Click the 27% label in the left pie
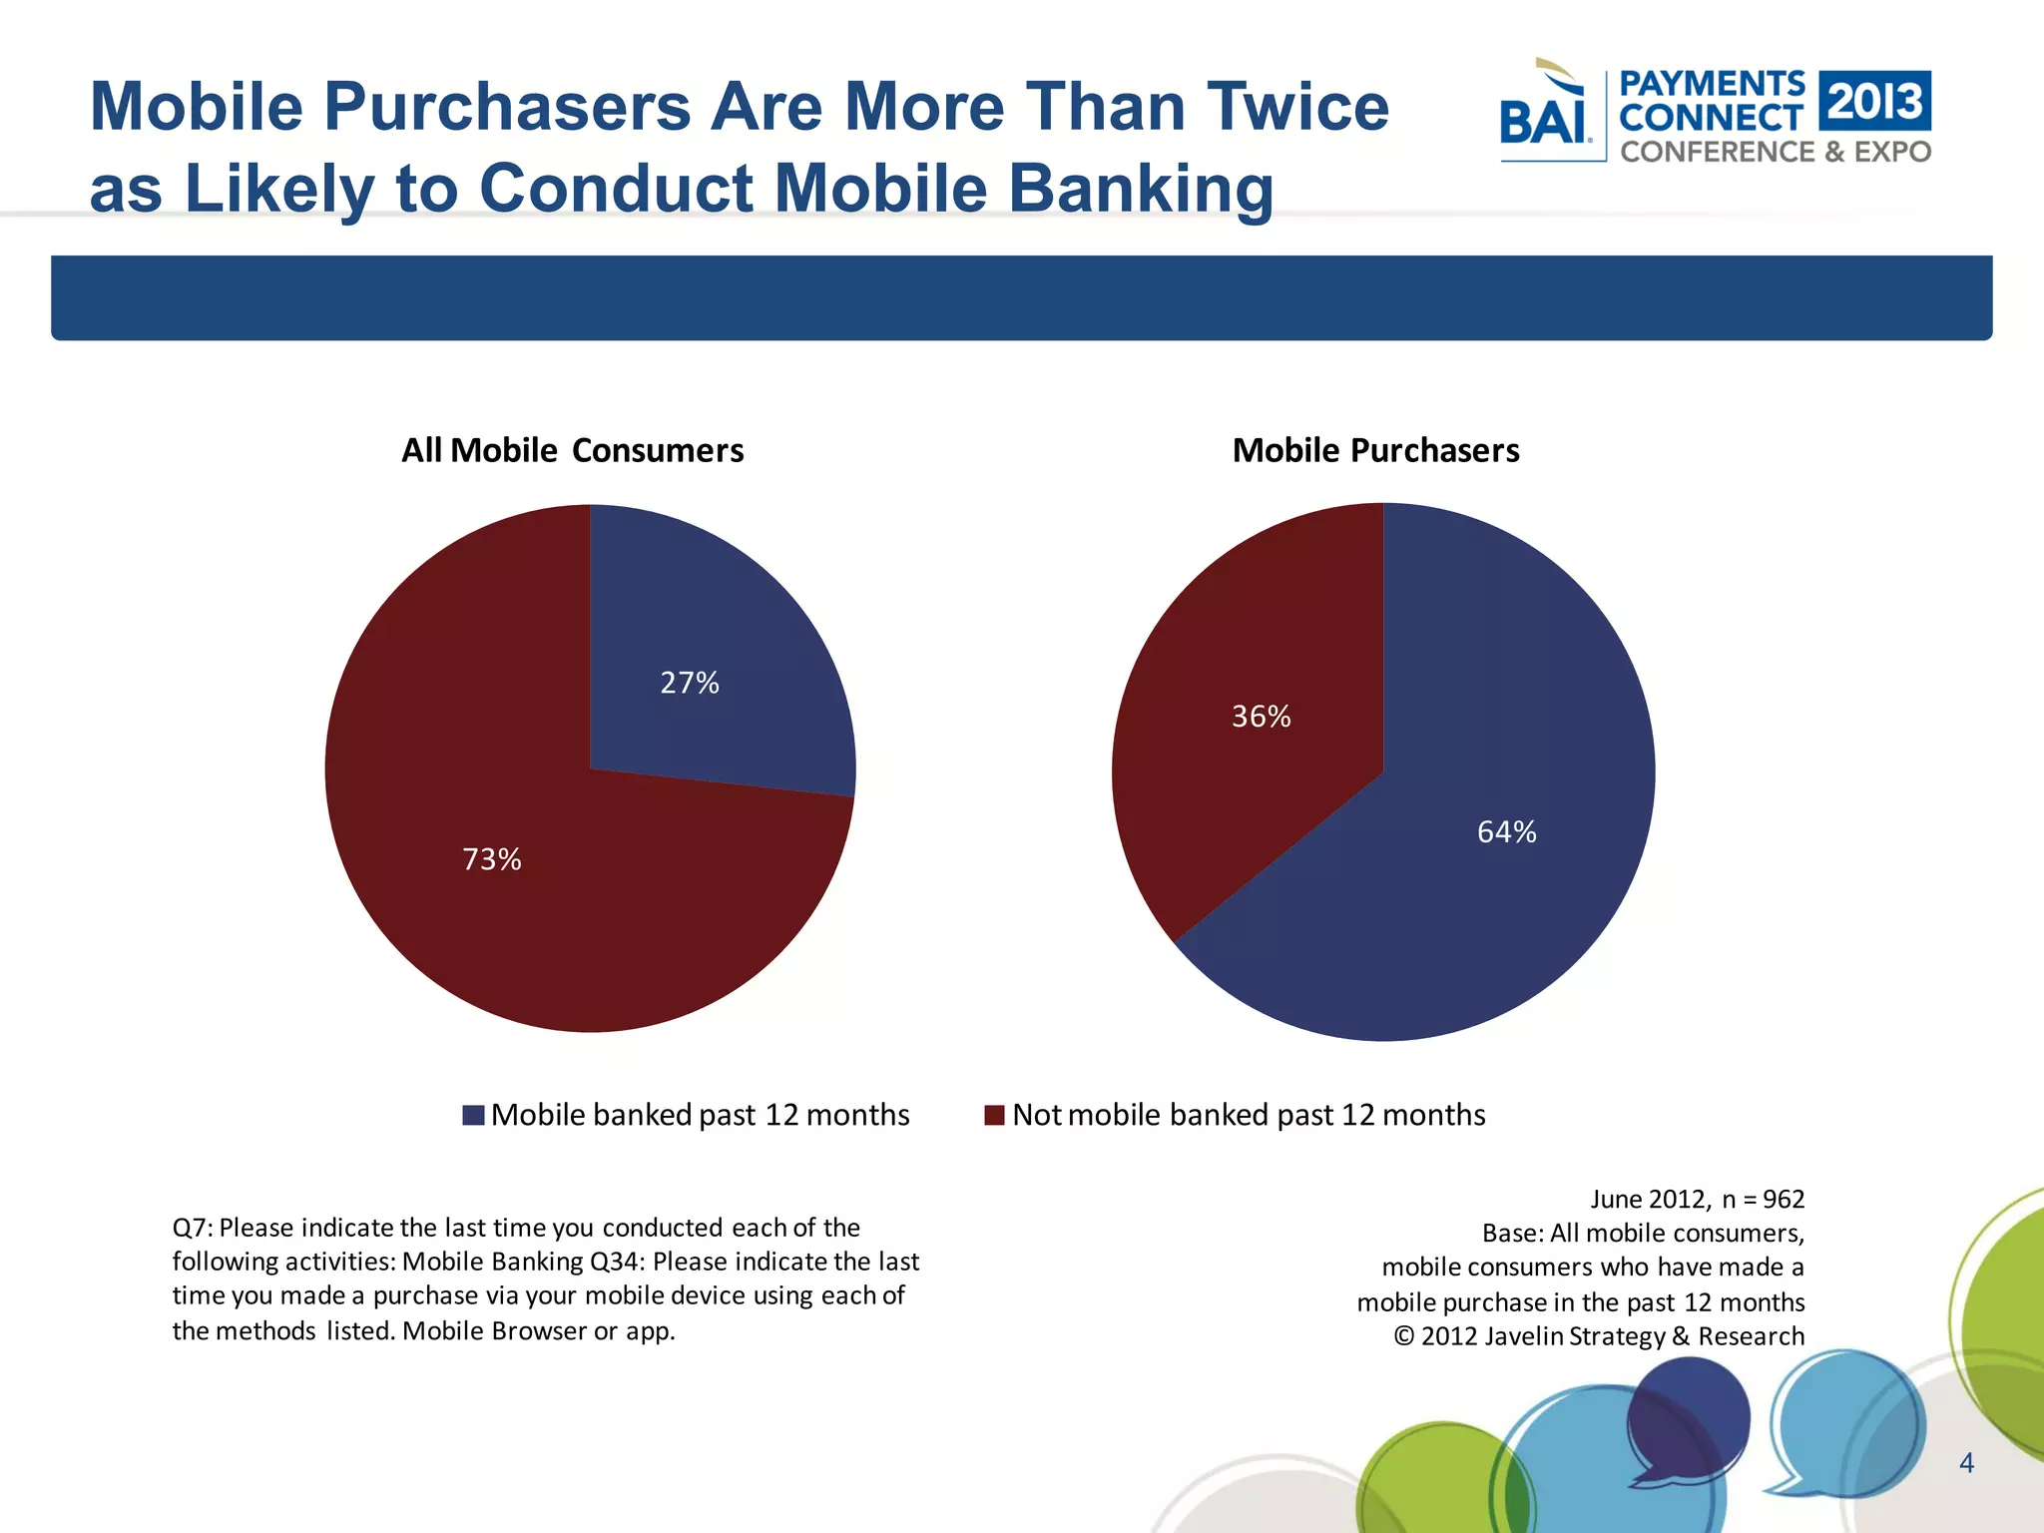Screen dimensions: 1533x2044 tap(690, 683)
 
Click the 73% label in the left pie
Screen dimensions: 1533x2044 tap(492, 859)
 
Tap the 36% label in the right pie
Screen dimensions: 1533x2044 tap(1261, 717)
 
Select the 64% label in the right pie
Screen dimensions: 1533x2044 tap(1506, 831)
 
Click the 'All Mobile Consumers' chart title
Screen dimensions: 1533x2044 tap(572, 450)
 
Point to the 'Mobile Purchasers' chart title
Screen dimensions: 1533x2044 tap(1375, 450)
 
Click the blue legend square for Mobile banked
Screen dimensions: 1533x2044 tap(474, 1115)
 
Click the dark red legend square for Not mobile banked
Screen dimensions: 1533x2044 tap(994, 1115)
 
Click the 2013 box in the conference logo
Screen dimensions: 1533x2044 tap(1874, 101)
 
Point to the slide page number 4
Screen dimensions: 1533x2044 tap(1966, 1463)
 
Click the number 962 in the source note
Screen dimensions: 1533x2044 tap(1784, 1199)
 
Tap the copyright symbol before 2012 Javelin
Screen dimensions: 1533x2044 tap(1404, 1336)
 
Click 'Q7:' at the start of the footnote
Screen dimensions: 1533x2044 tap(193, 1228)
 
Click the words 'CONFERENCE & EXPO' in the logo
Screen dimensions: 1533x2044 tap(1776, 152)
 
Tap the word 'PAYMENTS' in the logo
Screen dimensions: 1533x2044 tap(1712, 84)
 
